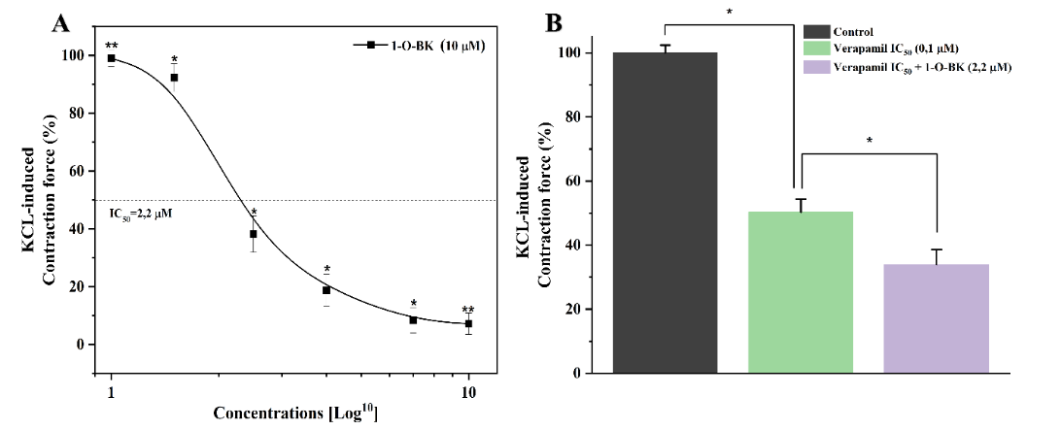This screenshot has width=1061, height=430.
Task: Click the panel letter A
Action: [59, 23]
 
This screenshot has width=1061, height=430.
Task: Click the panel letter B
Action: [555, 21]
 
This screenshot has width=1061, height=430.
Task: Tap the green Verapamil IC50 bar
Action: [801, 291]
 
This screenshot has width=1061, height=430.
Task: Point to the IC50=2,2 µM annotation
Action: [140, 212]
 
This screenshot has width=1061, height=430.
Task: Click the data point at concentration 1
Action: [112, 58]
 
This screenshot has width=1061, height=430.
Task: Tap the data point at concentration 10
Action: [468, 324]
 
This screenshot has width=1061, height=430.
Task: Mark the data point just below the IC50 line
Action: [254, 234]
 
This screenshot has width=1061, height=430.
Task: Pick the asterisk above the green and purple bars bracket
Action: [868, 141]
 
